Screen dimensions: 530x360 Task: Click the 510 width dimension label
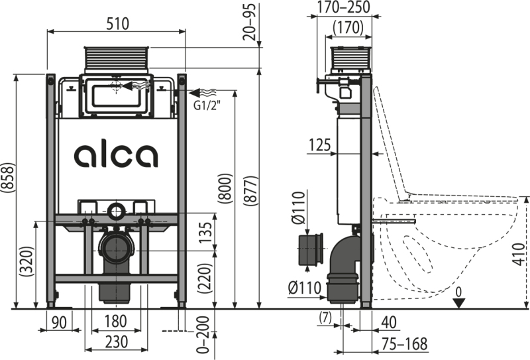coord(118,24)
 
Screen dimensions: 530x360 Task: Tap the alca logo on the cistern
coord(116,156)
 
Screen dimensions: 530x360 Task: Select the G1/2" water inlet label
coord(207,105)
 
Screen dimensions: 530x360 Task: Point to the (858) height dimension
coord(8,178)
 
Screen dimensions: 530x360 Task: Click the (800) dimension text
coord(225,188)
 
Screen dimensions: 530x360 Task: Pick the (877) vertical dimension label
coord(251,190)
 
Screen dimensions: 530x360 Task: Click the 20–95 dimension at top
coord(250,22)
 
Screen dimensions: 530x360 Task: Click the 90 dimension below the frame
coord(59,322)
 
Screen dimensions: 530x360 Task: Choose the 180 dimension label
coord(115,322)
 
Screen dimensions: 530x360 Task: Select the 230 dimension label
coord(117,342)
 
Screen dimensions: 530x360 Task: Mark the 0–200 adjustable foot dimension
coord(203,335)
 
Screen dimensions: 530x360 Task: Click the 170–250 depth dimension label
coord(344,7)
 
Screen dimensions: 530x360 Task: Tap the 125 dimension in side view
coord(320,145)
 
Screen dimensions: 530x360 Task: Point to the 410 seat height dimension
coord(519,254)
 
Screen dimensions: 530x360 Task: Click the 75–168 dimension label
coord(405,345)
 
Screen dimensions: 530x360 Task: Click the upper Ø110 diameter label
coord(299,208)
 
